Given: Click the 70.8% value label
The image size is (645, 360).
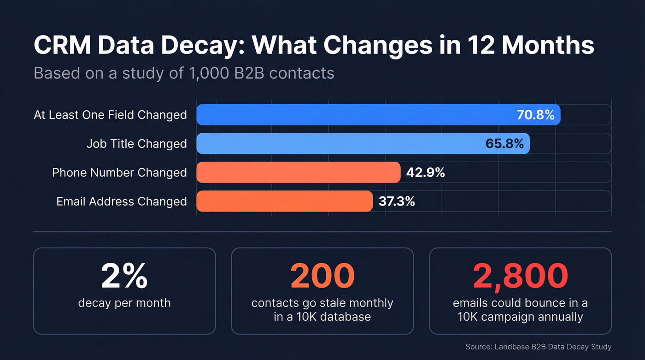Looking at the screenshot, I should pos(535,115).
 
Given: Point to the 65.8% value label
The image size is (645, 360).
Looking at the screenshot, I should pos(504,143).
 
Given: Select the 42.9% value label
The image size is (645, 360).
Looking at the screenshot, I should pos(425,172).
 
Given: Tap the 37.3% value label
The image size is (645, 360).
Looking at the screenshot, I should pos(397,201).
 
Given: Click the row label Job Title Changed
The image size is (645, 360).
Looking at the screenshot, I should pos(136,144).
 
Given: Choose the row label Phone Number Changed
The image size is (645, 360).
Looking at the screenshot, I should pos(119,172).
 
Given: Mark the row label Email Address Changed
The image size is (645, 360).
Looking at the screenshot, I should pos(122,201).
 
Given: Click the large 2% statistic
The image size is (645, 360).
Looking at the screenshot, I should pos(124,276).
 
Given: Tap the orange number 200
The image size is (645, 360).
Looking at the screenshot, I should pos(322,276).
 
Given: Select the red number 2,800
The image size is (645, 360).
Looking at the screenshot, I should pos(520,276).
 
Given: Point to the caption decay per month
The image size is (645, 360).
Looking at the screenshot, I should pos(124,303).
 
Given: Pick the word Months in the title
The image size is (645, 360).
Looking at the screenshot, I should pos(548,47).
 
